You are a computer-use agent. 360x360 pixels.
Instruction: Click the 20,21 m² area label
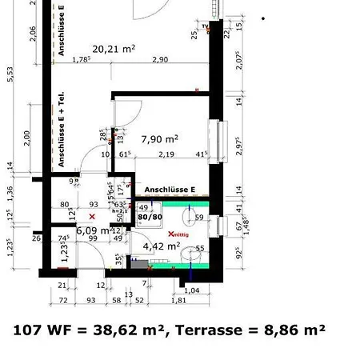[113, 49]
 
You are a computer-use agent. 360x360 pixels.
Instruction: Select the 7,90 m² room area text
[159, 139]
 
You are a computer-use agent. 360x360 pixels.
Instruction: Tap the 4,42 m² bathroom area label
[161, 246]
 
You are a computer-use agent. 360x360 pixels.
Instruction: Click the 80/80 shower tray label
[150, 216]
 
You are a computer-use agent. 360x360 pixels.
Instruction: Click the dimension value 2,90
[160, 60]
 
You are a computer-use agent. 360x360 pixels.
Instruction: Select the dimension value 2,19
[166, 154]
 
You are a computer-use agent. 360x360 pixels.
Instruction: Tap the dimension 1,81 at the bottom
[178, 301]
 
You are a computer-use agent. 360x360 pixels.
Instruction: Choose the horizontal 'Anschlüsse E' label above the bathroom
[170, 190]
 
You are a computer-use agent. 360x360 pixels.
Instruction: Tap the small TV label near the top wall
[206, 26]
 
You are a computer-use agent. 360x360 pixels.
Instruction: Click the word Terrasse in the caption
[207, 330]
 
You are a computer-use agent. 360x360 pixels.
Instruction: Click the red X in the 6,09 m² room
[92, 217]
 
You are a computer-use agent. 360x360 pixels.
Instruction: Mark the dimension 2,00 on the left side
[27, 138]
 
